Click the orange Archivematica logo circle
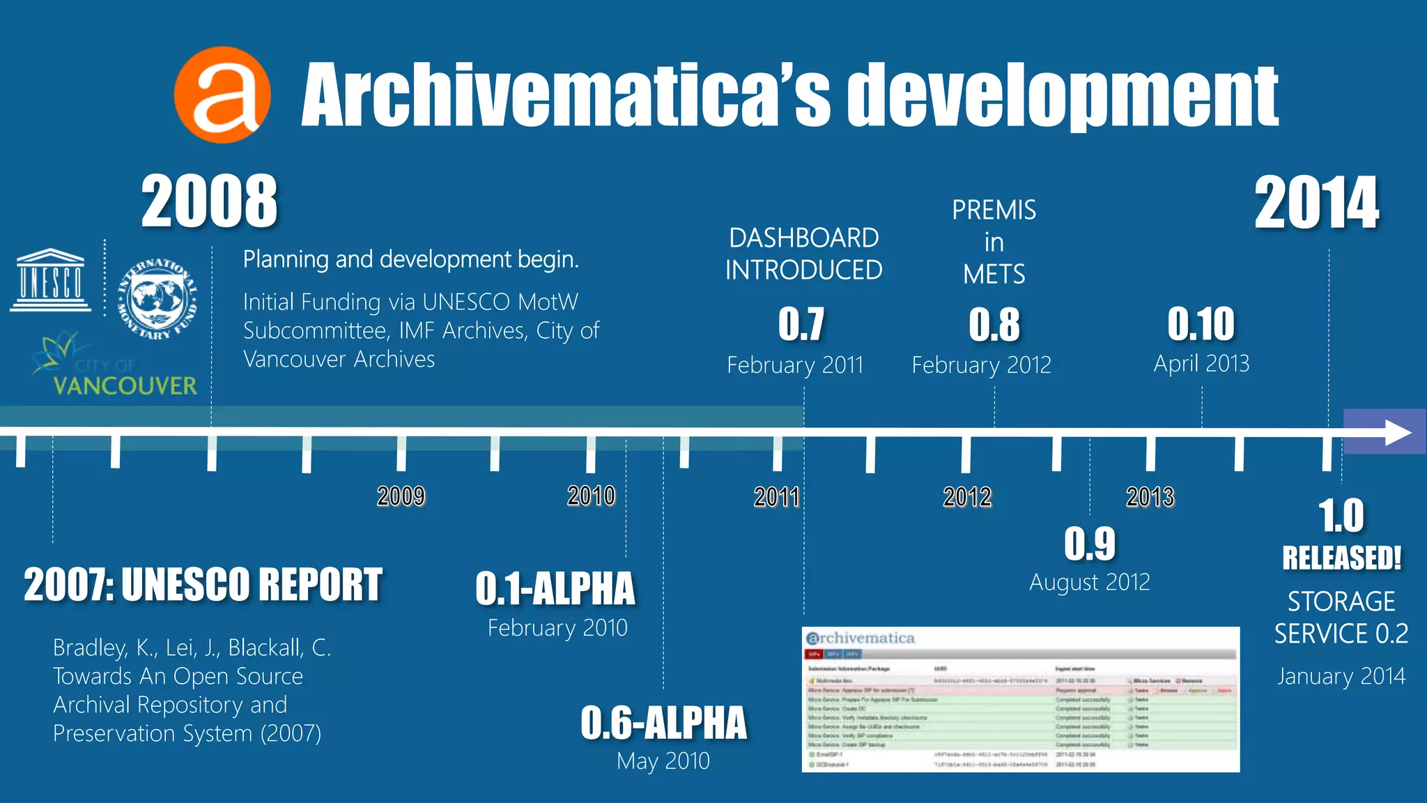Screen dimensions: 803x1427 pos(222,95)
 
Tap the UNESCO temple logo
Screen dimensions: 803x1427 pos(50,280)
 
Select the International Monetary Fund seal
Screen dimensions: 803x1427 pos(157,299)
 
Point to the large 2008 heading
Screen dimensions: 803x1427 pos(209,202)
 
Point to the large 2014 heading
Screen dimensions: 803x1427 pos(1316,204)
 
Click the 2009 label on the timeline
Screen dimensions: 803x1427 pos(401,496)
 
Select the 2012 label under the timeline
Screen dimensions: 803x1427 pos(967,497)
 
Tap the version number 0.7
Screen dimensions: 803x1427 pos(801,324)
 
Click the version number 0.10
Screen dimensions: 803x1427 pos(1201,324)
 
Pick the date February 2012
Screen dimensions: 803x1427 pos(981,365)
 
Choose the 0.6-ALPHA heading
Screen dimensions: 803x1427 pos(663,723)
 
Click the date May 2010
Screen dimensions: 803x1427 pos(663,761)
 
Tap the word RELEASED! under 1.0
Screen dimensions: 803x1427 pos(1341,558)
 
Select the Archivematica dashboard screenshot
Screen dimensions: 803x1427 pos(1021,699)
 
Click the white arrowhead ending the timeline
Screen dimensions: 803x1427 pos(1398,433)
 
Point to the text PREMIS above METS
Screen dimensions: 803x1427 pos(994,211)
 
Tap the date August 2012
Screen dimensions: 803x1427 pos(1090,582)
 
